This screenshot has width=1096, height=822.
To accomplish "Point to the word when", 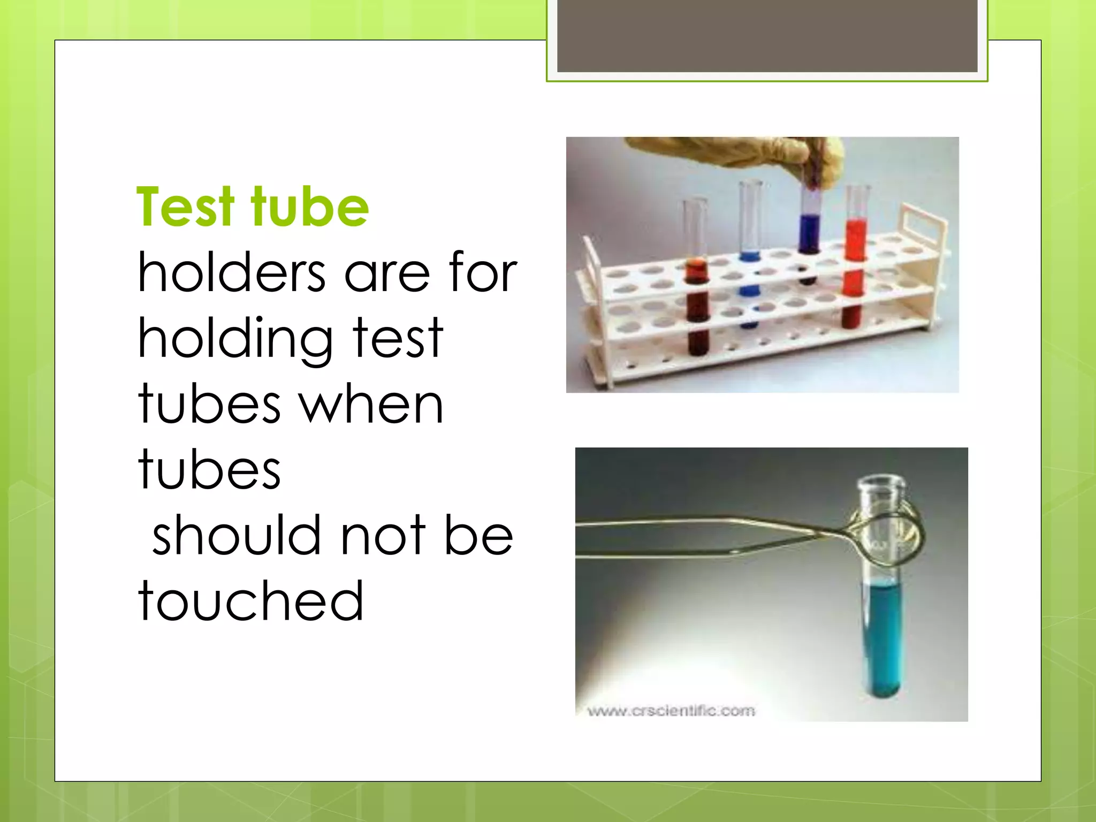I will [x=371, y=405].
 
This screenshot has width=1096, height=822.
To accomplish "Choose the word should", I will [x=236, y=535].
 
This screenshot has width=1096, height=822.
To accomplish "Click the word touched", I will [x=250, y=601].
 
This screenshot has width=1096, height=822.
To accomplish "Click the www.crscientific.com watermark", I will [x=671, y=711].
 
